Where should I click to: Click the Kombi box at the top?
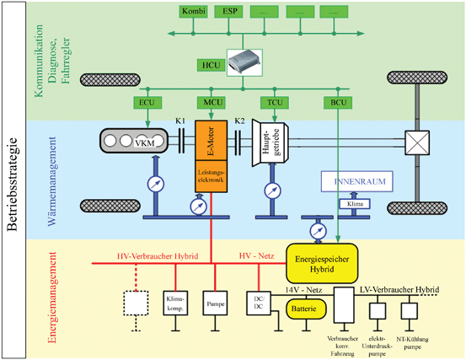pyautogui.click(x=194, y=12)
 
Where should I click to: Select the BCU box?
pyautogui.click(x=335, y=104)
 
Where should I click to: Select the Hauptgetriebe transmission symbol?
pyautogui.click(x=270, y=145)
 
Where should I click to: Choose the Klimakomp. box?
pyautogui.click(x=174, y=304)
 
